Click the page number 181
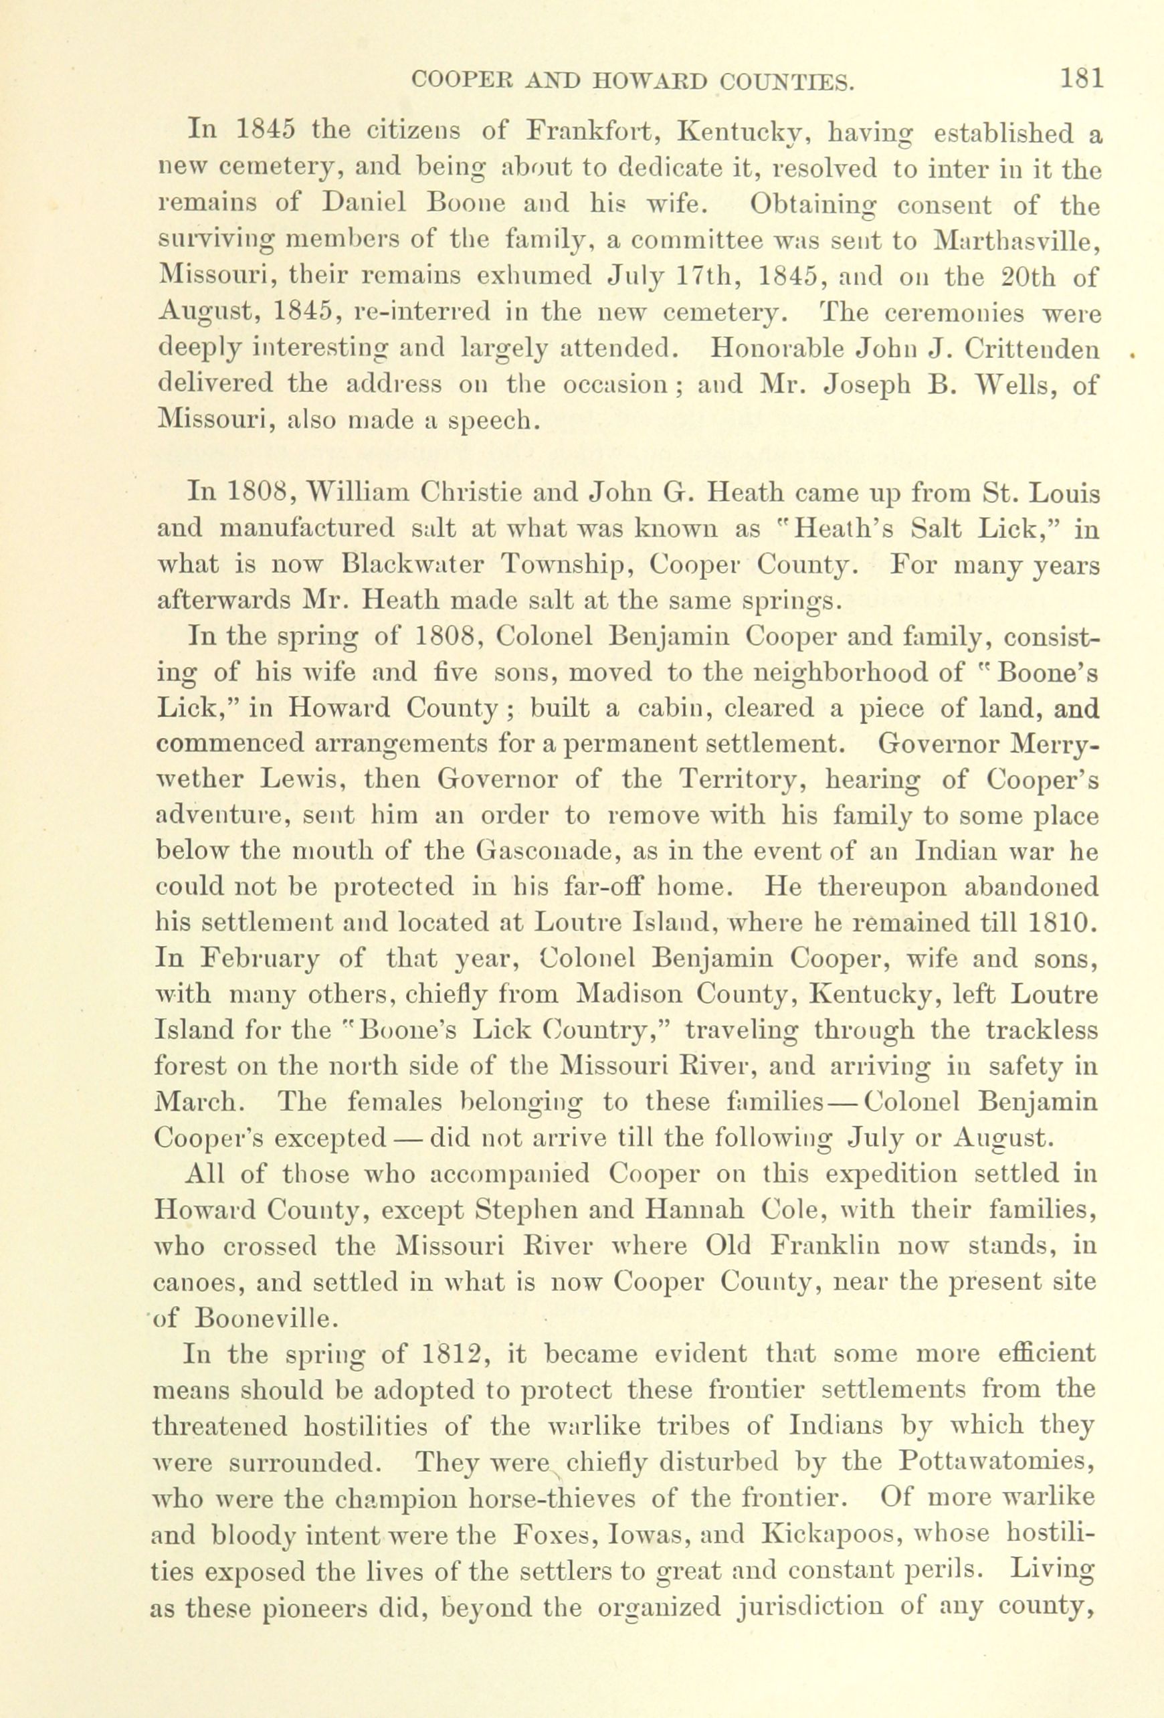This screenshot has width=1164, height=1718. tap(1081, 78)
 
